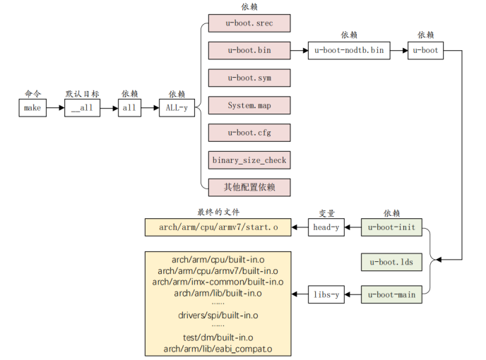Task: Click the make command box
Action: click(x=32, y=108)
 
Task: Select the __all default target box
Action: click(x=83, y=108)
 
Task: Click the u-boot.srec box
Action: click(x=249, y=23)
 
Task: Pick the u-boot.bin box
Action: click(x=249, y=51)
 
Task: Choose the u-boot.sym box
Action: click(x=249, y=78)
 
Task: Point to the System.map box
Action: click(x=249, y=105)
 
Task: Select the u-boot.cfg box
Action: click(x=249, y=133)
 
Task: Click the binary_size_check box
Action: click(x=249, y=160)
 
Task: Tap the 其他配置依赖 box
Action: click(x=249, y=187)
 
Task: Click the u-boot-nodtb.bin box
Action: click(x=349, y=51)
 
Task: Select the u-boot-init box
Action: click(x=392, y=227)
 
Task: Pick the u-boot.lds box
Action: click(x=392, y=261)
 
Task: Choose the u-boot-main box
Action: click(x=392, y=295)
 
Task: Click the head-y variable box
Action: click(x=326, y=227)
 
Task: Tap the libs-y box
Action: click(x=326, y=295)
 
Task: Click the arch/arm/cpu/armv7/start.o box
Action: click(x=218, y=227)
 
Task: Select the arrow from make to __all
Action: click(x=55, y=108)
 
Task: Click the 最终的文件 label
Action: click(x=218, y=212)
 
